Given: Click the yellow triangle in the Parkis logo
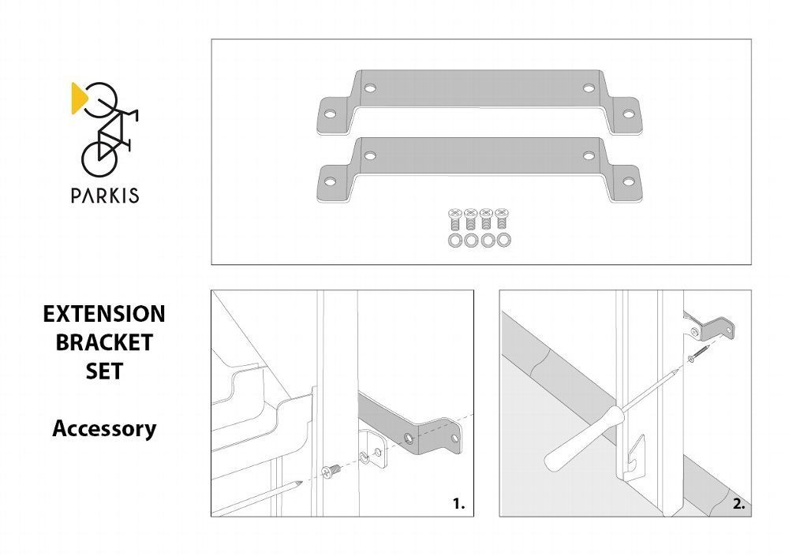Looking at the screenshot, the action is click(78, 98).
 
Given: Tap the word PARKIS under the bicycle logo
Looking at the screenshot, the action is click(105, 196).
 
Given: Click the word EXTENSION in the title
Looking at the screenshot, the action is click(104, 314).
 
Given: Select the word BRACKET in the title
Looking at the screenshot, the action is click(104, 342).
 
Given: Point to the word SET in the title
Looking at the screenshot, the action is click(104, 371).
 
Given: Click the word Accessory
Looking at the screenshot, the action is click(104, 429).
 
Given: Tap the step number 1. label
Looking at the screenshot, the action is click(459, 504).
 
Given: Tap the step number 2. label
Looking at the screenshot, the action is click(739, 504).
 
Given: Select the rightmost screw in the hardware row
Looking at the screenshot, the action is click(502, 219).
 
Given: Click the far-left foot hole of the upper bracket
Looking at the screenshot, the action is click(330, 114).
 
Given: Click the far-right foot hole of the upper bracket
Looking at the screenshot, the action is click(629, 114).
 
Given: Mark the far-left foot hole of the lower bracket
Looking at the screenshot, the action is click(330, 181).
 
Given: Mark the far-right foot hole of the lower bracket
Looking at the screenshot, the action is click(629, 181).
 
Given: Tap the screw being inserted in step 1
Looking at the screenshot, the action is click(331, 472).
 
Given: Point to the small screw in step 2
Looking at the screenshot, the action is click(698, 353).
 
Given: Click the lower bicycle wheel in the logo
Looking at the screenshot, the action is click(99, 159).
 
